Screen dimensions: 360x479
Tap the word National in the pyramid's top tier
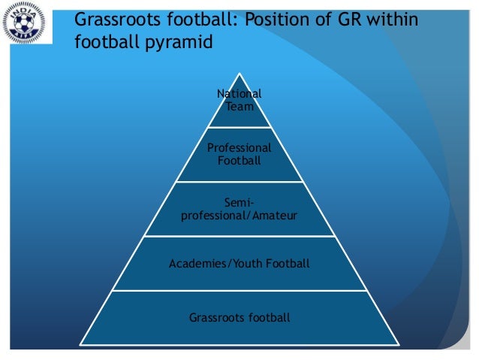click(x=239, y=94)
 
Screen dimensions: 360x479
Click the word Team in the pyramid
click(x=239, y=106)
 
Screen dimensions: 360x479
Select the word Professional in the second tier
click(x=239, y=148)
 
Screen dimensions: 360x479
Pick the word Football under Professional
click(x=239, y=160)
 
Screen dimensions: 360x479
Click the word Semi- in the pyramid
click(x=239, y=202)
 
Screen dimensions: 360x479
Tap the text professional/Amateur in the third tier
click(x=239, y=215)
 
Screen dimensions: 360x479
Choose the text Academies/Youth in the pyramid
click(x=213, y=263)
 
